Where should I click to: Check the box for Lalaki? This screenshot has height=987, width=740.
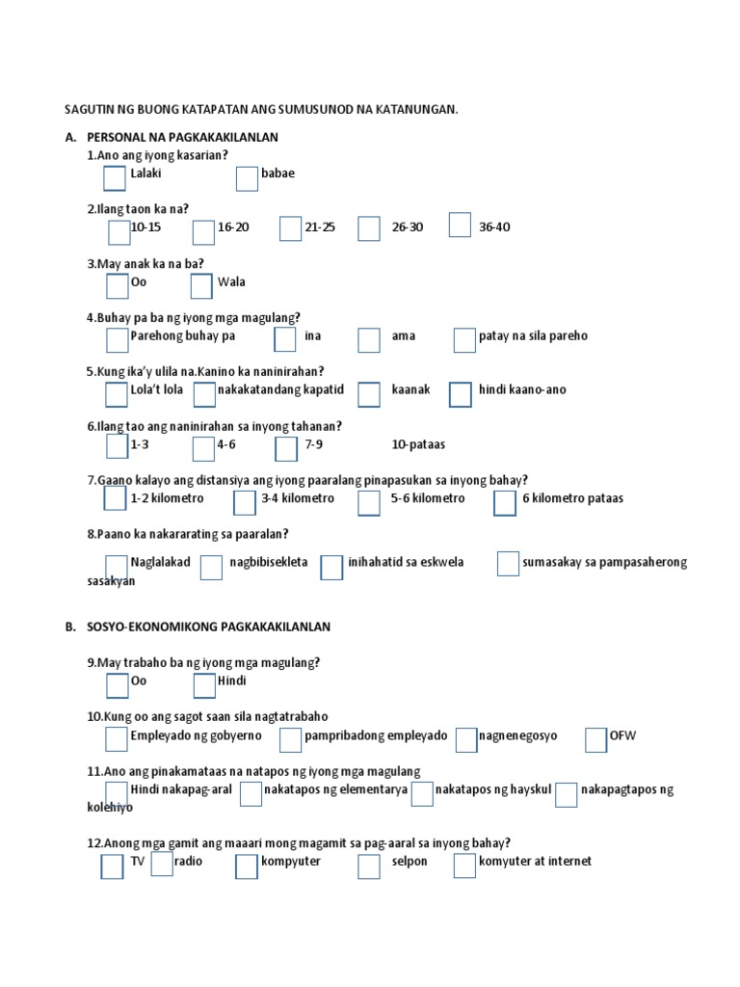(x=115, y=178)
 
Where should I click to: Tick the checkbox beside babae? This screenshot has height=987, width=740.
(x=247, y=178)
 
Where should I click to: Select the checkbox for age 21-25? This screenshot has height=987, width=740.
(x=291, y=228)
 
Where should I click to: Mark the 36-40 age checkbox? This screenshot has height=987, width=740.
(x=461, y=225)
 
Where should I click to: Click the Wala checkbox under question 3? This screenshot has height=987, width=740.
(x=201, y=286)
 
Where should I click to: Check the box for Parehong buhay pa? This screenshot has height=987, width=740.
(x=117, y=339)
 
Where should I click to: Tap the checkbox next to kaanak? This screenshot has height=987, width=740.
(x=369, y=394)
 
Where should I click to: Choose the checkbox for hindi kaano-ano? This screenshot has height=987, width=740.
(x=461, y=394)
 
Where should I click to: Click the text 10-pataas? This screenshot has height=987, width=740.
(x=418, y=444)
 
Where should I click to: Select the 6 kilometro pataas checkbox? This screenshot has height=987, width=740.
(x=505, y=503)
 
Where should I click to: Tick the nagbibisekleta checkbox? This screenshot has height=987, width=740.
(x=211, y=568)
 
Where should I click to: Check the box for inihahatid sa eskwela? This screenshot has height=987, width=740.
(x=331, y=568)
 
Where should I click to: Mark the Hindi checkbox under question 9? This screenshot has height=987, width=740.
(x=204, y=685)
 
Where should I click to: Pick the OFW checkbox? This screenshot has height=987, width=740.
(x=596, y=739)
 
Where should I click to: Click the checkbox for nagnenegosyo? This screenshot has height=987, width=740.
(x=466, y=739)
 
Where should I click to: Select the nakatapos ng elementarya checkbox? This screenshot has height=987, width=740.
(x=251, y=793)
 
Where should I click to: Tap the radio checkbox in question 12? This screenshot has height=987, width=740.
(x=162, y=864)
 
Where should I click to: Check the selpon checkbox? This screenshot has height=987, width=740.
(x=369, y=867)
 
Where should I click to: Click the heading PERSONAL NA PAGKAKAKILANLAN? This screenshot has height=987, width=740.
(x=182, y=137)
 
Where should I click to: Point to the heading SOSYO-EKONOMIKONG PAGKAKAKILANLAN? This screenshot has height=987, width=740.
(x=208, y=627)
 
